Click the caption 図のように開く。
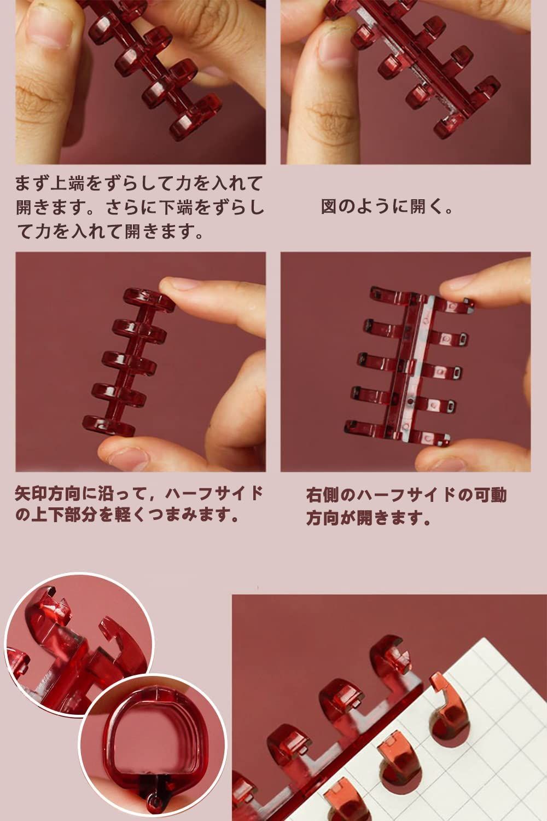point(387,207)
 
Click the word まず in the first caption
point(29,182)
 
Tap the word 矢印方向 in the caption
point(48,494)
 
